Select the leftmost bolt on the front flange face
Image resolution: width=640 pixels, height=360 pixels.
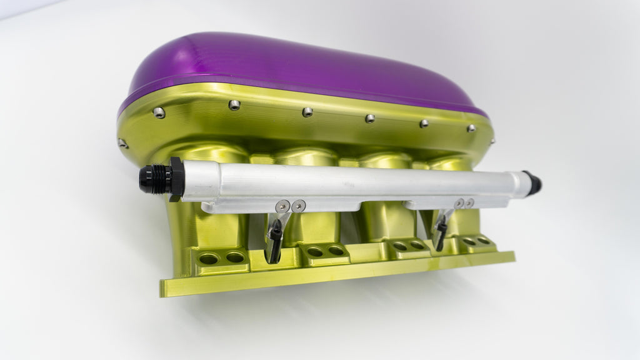[159, 112]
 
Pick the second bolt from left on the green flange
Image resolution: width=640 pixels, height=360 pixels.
[234, 105]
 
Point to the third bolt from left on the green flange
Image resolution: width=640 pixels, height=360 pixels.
[307, 112]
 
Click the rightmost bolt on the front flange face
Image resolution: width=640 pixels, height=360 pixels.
[471, 128]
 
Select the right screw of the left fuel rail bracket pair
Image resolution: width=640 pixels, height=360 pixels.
[300, 204]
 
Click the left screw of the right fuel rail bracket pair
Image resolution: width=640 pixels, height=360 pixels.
[460, 203]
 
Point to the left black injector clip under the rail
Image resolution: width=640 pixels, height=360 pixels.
[274, 241]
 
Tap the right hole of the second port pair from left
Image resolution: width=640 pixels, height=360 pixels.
[336, 250]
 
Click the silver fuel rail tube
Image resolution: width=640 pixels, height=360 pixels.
[350, 181]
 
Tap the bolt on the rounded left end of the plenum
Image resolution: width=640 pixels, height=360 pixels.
[122, 143]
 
